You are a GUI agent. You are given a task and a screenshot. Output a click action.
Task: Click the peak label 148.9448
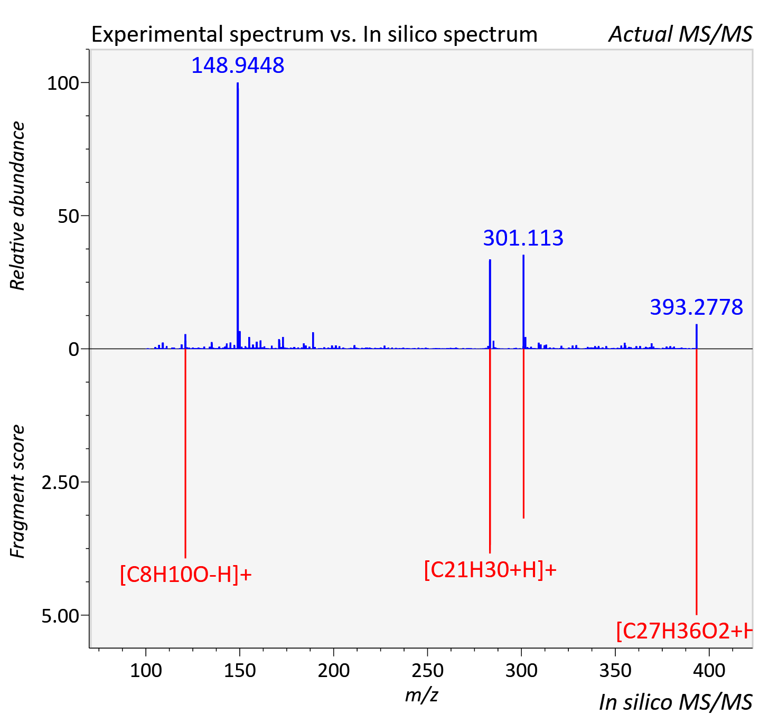click(238, 65)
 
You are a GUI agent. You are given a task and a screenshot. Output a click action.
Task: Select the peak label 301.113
click(523, 238)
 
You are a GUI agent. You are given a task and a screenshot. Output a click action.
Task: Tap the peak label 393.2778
click(696, 307)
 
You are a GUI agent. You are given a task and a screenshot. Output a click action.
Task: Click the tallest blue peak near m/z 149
click(238, 215)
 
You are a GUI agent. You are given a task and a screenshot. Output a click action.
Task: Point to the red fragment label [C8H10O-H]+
click(186, 574)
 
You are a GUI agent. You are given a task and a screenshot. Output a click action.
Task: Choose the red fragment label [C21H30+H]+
click(490, 570)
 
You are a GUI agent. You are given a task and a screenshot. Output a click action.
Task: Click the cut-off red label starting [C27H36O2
click(684, 631)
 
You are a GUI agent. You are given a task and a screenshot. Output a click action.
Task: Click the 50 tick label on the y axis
click(68, 216)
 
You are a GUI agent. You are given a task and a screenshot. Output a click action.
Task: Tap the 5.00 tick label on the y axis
click(60, 616)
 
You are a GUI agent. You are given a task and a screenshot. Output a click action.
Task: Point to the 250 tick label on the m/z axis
click(427, 670)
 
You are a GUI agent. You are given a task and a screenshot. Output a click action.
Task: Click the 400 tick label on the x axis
click(709, 670)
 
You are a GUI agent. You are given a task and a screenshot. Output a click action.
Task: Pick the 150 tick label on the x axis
click(240, 670)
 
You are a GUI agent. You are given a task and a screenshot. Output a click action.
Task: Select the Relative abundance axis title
click(17, 205)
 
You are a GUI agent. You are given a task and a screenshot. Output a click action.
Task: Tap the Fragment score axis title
click(17, 491)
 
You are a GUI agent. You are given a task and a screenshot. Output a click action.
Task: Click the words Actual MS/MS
click(680, 34)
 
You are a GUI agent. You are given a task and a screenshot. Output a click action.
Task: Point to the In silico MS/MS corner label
click(676, 702)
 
